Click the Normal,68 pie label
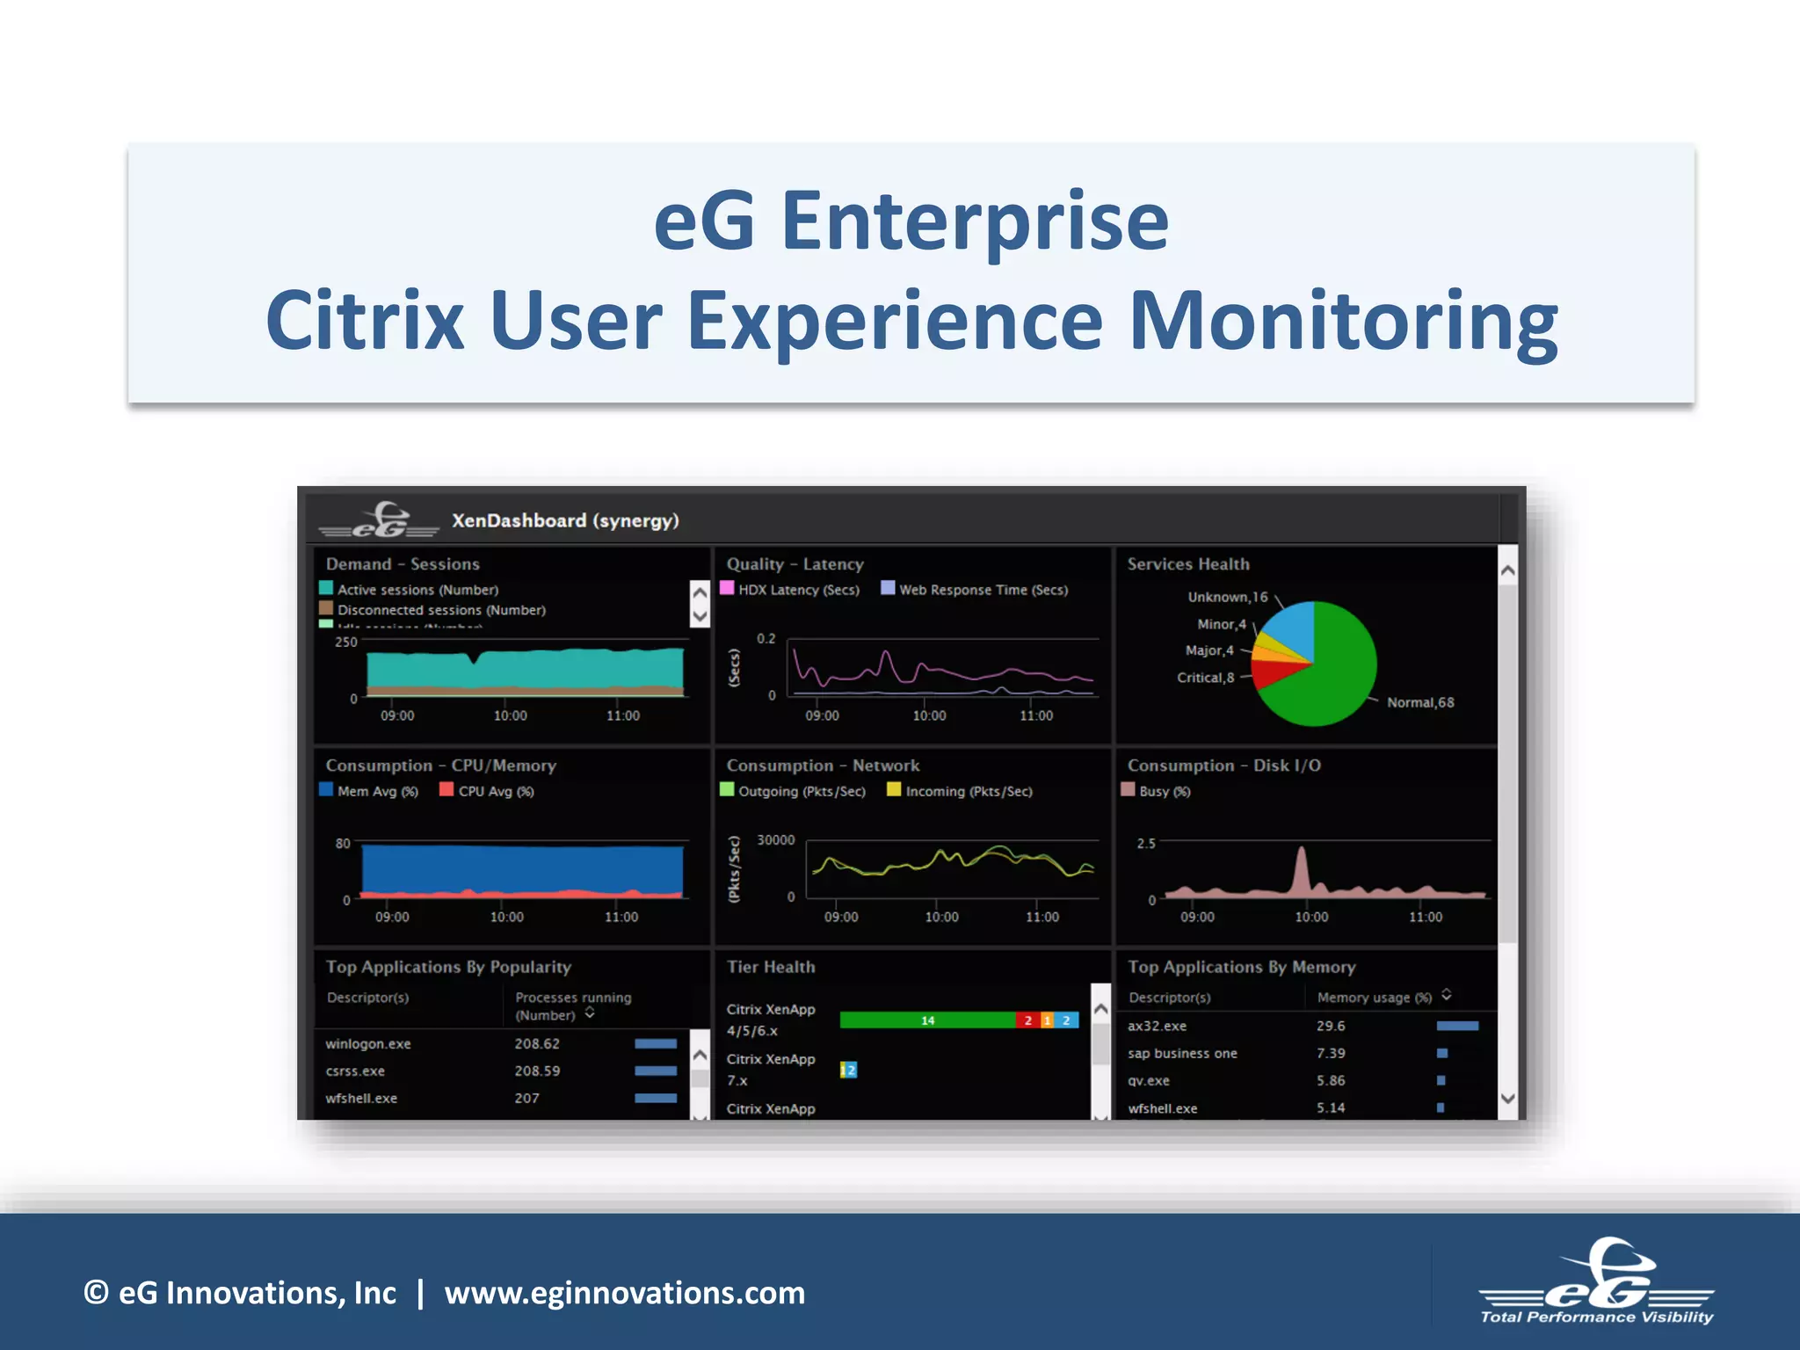tap(1420, 702)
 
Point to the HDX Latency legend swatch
tap(728, 588)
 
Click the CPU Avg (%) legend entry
tap(487, 791)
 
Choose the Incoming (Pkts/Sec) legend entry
tap(960, 791)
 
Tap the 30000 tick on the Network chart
tap(775, 840)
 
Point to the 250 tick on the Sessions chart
tap(346, 642)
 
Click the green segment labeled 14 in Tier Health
tap(927, 1020)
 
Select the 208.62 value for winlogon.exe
tap(537, 1044)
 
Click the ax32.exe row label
tap(1157, 1026)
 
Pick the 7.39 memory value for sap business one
tap(1331, 1053)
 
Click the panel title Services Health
tap(1187, 564)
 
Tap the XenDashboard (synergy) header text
tap(565, 520)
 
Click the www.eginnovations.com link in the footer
tap(624, 1293)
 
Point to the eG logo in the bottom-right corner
tap(1596, 1282)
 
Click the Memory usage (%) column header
tap(1375, 998)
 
